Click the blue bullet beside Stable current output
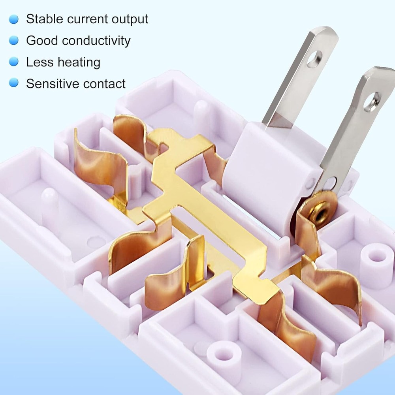tap(14, 19)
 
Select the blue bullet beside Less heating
tap(14, 62)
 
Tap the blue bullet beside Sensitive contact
tap(14, 83)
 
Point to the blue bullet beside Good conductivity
tap(14, 40)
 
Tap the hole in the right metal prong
tap(372, 102)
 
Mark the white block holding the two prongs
tap(269, 174)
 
